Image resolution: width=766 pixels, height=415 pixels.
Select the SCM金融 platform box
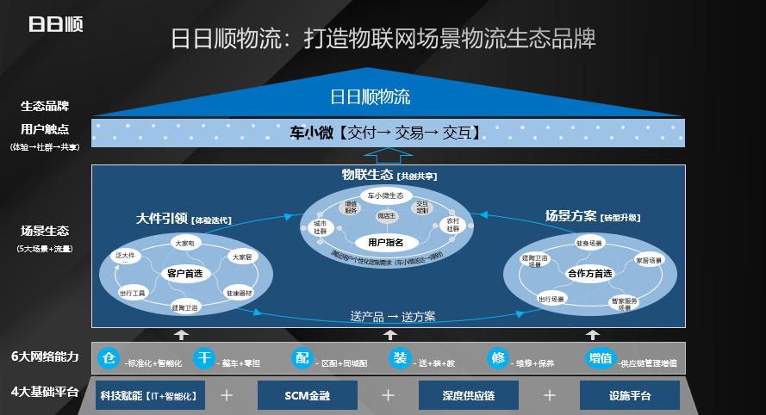(x=307, y=396)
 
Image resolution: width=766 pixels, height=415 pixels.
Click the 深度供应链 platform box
(x=469, y=396)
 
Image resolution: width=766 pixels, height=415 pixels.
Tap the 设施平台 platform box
(x=629, y=396)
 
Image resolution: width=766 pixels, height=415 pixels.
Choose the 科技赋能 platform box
(x=146, y=396)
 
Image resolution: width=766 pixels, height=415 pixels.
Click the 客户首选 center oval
(x=183, y=274)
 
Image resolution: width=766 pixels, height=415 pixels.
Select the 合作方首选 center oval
(x=590, y=274)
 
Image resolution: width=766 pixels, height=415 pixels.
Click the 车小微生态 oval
(x=385, y=195)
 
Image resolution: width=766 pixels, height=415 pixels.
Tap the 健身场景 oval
(x=589, y=244)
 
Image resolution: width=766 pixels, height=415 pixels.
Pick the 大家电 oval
(x=184, y=244)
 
